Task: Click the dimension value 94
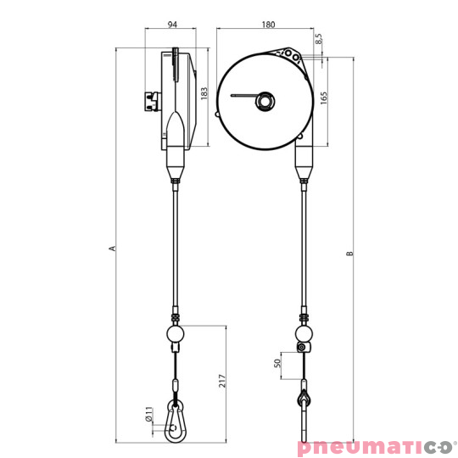[x=172, y=25]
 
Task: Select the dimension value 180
[x=268, y=25]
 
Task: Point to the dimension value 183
[x=204, y=93]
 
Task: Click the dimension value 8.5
[x=319, y=38]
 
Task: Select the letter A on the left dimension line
[x=110, y=249]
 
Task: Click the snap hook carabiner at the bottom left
[x=176, y=424]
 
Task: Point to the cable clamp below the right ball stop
[x=300, y=348]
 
